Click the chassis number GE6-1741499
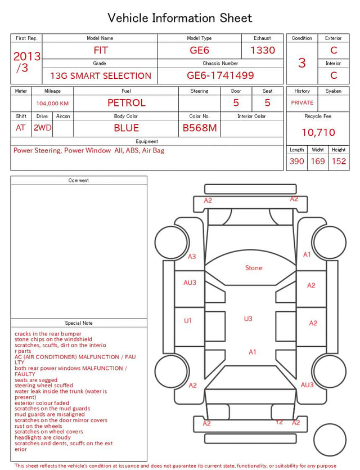point(220,75)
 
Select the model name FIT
point(101,50)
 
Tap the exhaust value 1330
point(263,50)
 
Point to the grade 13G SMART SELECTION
point(101,76)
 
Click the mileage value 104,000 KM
point(52,104)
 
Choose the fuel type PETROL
point(127,103)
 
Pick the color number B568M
point(200,128)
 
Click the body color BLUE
point(127,128)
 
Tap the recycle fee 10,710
point(318,132)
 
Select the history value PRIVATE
point(302,102)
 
